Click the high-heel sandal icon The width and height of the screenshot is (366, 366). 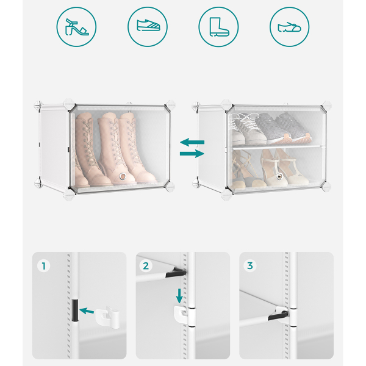coord(77,27)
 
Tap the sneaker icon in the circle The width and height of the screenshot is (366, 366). coord(148,25)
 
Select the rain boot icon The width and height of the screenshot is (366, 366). coord(219,27)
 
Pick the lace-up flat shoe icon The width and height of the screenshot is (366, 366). coord(289,27)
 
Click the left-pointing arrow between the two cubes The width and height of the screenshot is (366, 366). coord(192,142)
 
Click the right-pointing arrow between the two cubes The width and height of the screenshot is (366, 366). coord(192,154)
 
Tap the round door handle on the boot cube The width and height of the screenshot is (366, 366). coord(122,176)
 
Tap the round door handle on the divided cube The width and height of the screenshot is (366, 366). coord(279,176)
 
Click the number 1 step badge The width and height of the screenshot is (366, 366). coord(44,266)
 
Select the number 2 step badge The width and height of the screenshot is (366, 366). coord(146,265)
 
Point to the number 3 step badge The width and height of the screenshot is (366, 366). coord(250,265)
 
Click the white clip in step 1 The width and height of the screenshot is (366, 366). coord(107,317)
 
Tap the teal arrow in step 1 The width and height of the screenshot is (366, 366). coord(87,311)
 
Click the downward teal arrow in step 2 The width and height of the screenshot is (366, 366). coord(179,296)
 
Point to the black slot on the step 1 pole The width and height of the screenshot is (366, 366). coord(75,310)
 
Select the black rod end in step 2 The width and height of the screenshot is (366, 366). coord(176,273)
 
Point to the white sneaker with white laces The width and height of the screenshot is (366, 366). coord(249,129)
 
